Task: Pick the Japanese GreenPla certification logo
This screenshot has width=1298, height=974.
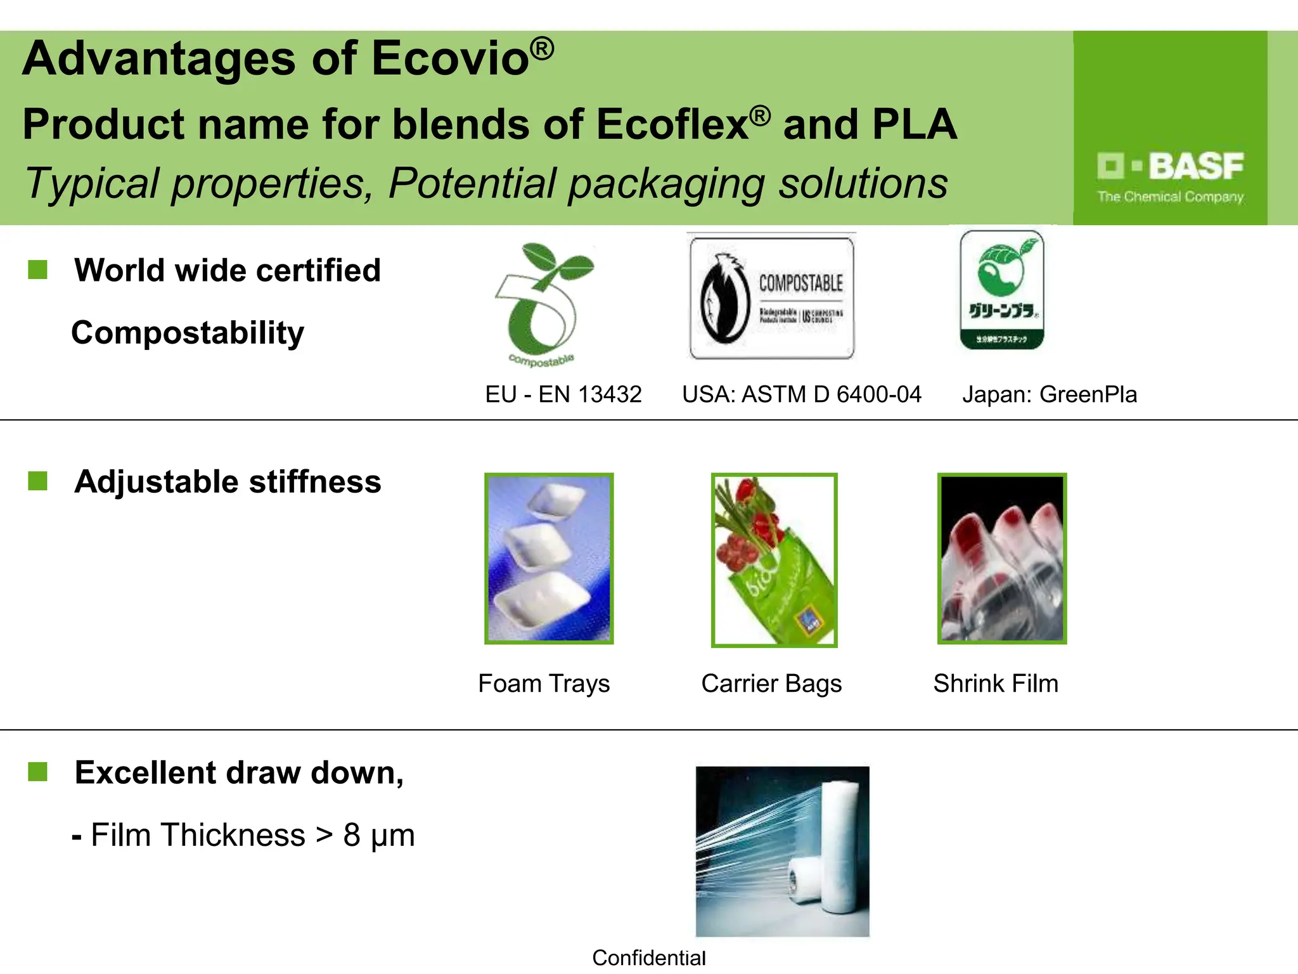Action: click(x=1001, y=290)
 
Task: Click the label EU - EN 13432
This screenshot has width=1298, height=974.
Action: click(x=563, y=394)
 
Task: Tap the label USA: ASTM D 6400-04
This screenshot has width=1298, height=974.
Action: click(x=801, y=394)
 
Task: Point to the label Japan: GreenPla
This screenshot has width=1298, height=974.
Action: click(x=1050, y=394)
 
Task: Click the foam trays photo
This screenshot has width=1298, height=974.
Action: click(x=549, y=559)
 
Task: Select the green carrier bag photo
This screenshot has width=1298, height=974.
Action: click(x=774, y=560)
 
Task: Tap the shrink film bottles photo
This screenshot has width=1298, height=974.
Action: click(x=1002, y=559)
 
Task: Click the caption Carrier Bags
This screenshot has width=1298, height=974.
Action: click(x=771, y=684)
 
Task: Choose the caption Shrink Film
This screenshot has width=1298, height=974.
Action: click(x=996, y=684)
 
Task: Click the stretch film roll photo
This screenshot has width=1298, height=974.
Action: click(x=782, y=851)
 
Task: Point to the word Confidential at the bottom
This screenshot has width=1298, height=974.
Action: click(x=648, y=958)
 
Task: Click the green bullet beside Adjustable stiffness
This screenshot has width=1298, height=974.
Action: click(x=38, y=481)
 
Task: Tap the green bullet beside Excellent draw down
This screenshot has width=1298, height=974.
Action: click(x=38, y=772)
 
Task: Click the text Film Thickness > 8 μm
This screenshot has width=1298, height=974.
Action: click(x=252, y=835)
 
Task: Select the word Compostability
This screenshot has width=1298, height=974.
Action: click(x=188, y=333)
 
